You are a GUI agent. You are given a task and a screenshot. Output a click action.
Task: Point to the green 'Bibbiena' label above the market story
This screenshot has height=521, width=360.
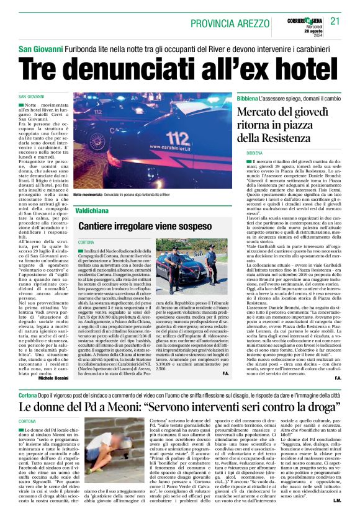pos(249,99)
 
